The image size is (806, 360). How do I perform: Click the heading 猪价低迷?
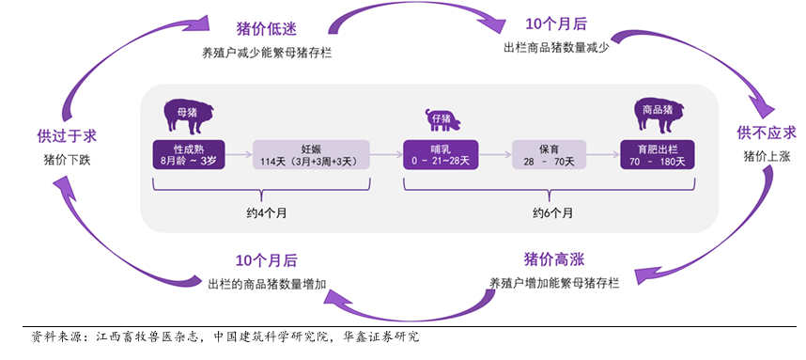click(x=266, y=29)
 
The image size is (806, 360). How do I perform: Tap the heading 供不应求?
click(x=767, y=133)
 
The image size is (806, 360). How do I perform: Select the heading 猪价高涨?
click(x=554, y=259)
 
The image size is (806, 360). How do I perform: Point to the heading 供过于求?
click(x=67, y=136)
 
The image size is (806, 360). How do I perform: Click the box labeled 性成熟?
click(x=189, y=155)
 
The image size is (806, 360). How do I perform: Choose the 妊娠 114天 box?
click(x=311, y=155)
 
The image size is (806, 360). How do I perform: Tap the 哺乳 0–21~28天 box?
click(x=441, y=155)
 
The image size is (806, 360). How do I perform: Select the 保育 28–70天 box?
click(x=550, y=155)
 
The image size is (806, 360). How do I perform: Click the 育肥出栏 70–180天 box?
click(x=657, y=155)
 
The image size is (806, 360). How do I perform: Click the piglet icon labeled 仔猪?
click(x=442, y=119)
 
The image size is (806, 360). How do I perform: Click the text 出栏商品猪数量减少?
click(x=556, y=48)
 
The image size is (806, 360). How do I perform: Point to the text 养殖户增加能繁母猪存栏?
click(x=554, y=283)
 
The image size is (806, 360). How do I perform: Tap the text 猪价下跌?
click(x=67, y=160)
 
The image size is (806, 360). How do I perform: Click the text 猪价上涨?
click(x=767, y=157)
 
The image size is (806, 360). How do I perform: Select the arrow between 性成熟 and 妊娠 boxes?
click(x=239, y=154)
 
